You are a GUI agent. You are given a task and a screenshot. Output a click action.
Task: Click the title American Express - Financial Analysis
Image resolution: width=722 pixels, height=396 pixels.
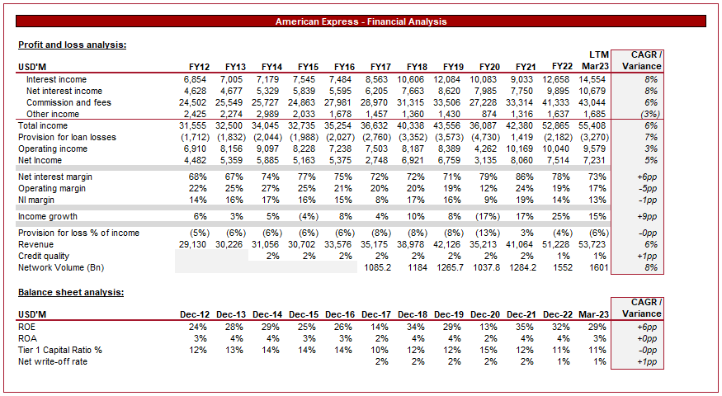coord(361,21)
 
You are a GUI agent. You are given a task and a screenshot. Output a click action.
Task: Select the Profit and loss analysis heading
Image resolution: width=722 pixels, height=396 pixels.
coord(72,45)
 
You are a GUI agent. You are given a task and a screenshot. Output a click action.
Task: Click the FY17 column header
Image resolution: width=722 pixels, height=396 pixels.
coord(380,66)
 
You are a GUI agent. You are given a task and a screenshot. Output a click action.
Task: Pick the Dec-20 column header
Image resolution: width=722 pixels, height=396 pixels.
coord(484,313)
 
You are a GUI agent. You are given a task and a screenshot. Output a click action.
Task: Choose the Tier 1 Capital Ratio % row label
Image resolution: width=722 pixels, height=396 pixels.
coord(60,350)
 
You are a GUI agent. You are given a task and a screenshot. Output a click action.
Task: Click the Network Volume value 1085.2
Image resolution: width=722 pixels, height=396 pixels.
coord(377,267)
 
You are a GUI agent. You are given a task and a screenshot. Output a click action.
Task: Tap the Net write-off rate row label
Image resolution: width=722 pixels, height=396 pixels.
coord(53,361)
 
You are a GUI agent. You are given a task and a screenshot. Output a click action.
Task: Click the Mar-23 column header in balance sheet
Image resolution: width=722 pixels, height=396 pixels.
coord(592,313)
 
